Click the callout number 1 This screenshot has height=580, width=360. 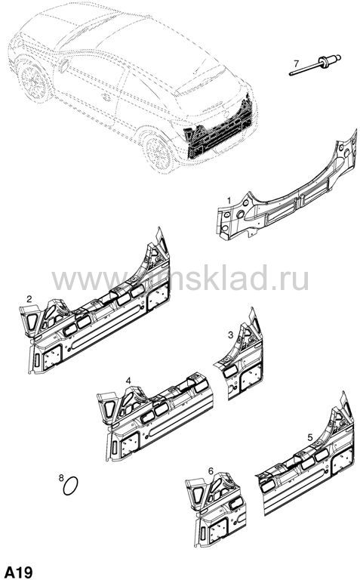[229, 200]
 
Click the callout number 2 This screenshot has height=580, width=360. [29, 298]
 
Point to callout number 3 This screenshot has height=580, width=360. [231, 335]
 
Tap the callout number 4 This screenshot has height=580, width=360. [128, 381]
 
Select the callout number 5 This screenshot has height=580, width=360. [309, 437]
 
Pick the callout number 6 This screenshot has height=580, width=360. [211, 471]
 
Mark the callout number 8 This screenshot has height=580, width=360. [61, 477]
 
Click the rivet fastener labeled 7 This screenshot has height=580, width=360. [315, 65]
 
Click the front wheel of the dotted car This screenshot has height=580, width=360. [35, 82]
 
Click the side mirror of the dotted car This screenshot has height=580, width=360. [63, 65]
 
